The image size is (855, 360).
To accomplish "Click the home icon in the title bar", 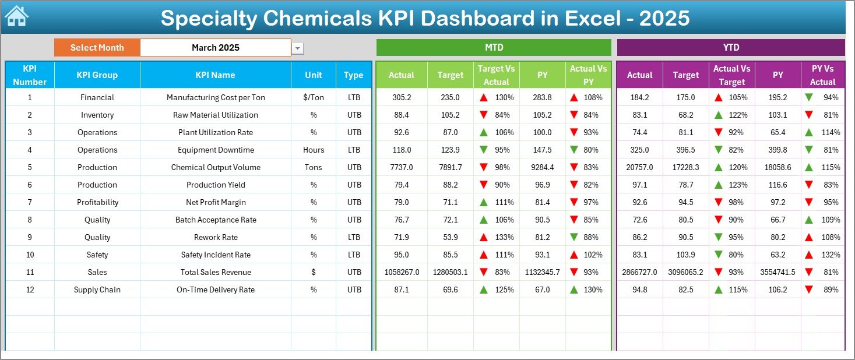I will pyautogui.click(x=16, y=16).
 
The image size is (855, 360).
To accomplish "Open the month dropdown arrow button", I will pyautogui.click(x=298, y=48).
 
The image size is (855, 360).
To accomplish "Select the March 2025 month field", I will pyautogui.click(x=216, y=48).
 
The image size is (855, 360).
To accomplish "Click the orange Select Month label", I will pyautogui.click(x=97, y=48).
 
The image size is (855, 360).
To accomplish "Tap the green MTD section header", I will pyautogui.click(x=494, y=48).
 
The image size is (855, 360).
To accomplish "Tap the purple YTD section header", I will pyautogui.click(x=730, y=48).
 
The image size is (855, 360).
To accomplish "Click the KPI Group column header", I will pyautogui.click(x=97, y=75).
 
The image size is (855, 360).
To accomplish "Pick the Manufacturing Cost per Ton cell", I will pyautogui.click(x=216, y=97).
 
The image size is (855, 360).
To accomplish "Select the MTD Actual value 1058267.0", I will pyautogui.click(x=402, y=272).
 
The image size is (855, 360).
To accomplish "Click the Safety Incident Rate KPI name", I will pyautogui.click(x=216, y=255).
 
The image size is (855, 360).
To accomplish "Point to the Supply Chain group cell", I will pyautogui.click(x=97, y=290).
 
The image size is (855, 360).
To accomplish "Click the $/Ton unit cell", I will pyautogui.click(x=314, y=97).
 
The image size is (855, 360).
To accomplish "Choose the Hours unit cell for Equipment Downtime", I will pyautogui.click(x=314, y=150).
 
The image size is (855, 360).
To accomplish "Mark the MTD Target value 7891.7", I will pyautogui.click(x=450, y=167).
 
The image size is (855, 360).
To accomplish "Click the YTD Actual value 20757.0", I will pyautogui.click(x=639, y=167).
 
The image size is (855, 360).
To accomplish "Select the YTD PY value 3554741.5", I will pyautogui.click(x=777, y=272).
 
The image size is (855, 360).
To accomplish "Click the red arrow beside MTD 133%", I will pyautogui.click(x=484, y=237).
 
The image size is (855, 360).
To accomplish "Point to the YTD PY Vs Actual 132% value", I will pyautogui.click(x=831, y=255).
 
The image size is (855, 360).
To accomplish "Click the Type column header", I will pyautogui.click(x=353, y=75).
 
